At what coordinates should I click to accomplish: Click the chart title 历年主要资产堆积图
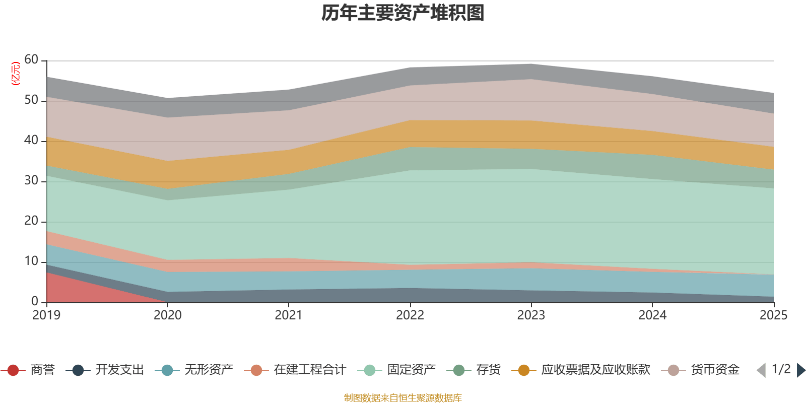tap(403, 13)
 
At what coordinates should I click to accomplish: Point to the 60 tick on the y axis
tap(31, 60)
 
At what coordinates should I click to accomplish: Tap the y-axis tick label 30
tap(31, 181)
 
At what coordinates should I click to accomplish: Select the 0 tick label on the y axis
tap(35, 301)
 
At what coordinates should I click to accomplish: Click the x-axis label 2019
tap(46, 315)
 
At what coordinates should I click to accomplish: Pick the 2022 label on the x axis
tap(410, 315)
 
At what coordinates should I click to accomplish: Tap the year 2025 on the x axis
tap(773, 315)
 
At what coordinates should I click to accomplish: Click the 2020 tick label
tap(168, 315)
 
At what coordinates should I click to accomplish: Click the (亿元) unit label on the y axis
tap(16, 74)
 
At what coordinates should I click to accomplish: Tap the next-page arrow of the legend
tap(800, 370)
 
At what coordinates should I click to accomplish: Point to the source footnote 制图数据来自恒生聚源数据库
tap(403, 398)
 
